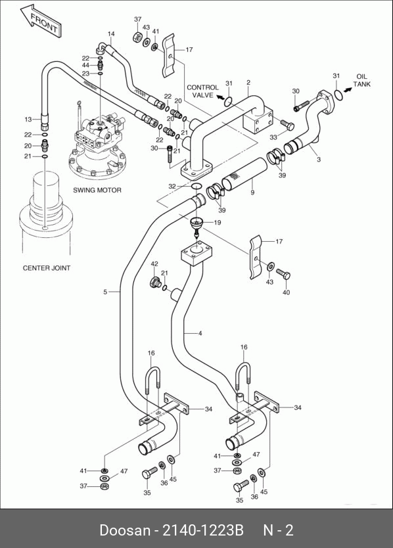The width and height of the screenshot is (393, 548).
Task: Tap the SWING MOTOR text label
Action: (x=97, y=190)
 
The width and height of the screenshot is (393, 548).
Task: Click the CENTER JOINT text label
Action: (x=47, y=268)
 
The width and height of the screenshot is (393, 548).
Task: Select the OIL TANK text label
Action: (x=361, y=80)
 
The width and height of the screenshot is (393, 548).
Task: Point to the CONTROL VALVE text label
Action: (x=202, y=91)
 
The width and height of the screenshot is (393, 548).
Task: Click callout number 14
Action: (x=111, y=34)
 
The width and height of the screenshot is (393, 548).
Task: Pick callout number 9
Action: (x=252, y=193)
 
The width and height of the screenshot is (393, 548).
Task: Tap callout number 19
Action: (x=217, y=222)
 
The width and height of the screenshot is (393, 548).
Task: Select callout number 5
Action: (x=105, y=292)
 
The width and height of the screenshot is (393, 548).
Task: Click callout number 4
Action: (x=200, y=333)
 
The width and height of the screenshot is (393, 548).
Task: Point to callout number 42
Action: (x=154, y=264)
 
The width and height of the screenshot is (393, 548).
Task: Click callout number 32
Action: (x=172, y=186)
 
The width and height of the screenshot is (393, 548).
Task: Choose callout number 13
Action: (x=28, y=120)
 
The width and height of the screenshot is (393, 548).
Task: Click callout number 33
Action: (x=273, y=137)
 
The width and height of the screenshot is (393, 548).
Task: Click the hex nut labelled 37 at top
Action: (x=137, y=37)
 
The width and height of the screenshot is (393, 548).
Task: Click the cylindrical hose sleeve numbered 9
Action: (x=244, y=174)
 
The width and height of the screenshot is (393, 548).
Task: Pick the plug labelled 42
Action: (x=155, y=282)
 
